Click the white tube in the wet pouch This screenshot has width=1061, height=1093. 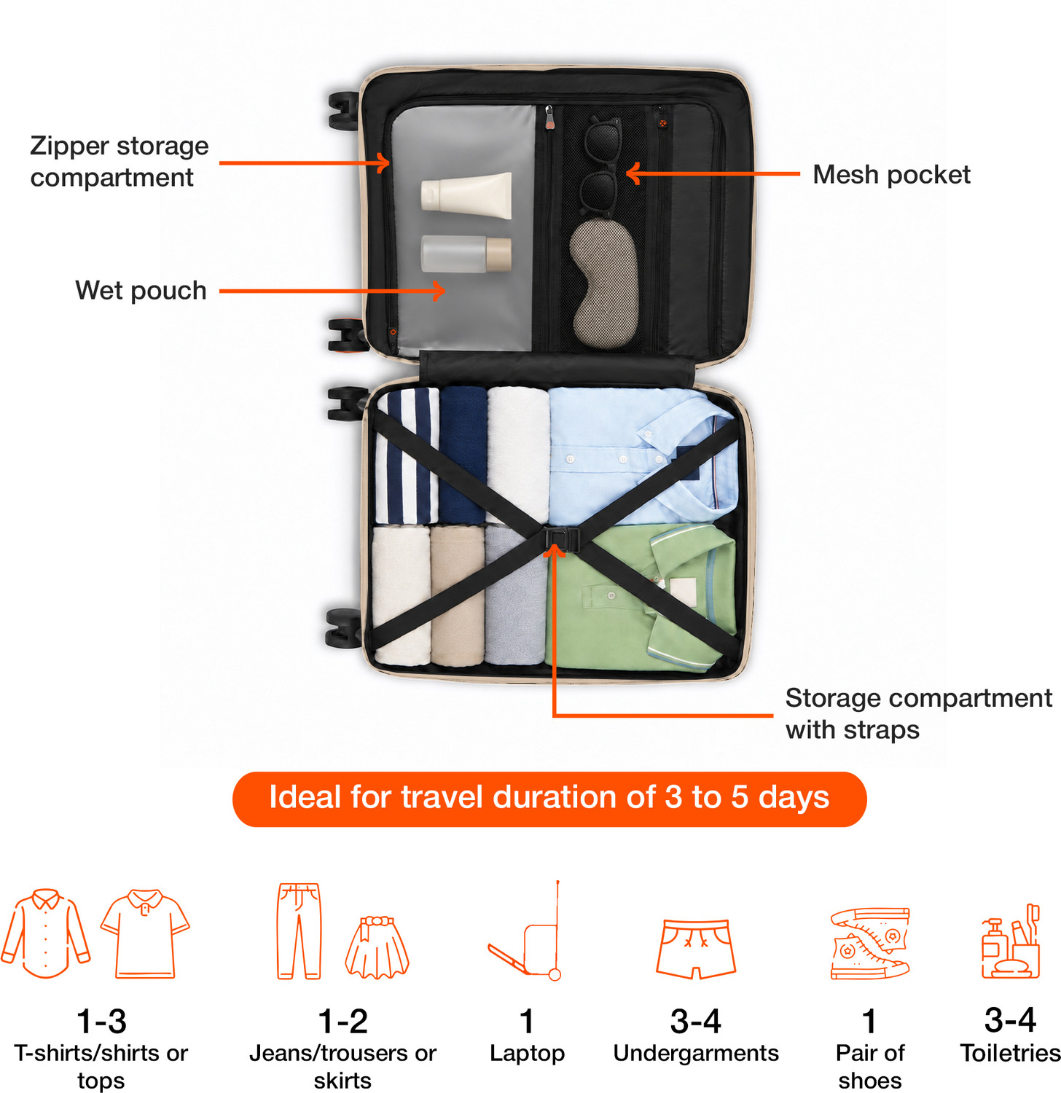point(466,195)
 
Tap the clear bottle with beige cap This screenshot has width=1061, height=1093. point(466,254)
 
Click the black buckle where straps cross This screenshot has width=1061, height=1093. point(562,540)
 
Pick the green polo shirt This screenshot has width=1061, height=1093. point(641,596)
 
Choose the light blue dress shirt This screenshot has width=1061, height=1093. point(641,456)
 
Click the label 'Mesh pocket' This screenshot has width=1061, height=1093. point(891,175)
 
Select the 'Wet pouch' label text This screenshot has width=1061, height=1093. point(141,290)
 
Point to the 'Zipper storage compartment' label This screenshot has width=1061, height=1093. point(120,162)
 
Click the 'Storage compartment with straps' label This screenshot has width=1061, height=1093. point(918,713)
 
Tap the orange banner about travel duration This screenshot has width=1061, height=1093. point(549,799)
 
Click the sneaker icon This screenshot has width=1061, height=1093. point(870,943)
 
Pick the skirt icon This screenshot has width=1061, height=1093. point(377,947)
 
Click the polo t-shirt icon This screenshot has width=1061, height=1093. point(145,933)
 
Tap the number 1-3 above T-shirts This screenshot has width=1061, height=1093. point(101,1022)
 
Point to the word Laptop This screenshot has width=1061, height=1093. point(527,1054)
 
